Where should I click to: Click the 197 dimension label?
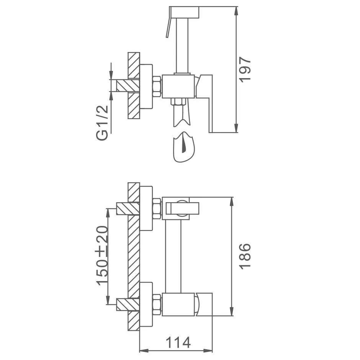245,69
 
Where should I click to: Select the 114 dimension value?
178,342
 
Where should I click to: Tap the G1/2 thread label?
102,123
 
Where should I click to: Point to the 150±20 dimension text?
102,256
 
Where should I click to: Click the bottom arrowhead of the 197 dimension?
236,128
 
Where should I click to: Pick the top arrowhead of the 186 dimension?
232,201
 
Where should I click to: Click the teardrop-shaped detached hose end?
184,147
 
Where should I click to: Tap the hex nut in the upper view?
157,86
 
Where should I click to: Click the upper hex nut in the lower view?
157,208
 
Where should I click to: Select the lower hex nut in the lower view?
157,304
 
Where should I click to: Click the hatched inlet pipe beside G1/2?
128,85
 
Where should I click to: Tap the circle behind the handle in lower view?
183,208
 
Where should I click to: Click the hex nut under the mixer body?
178,102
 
